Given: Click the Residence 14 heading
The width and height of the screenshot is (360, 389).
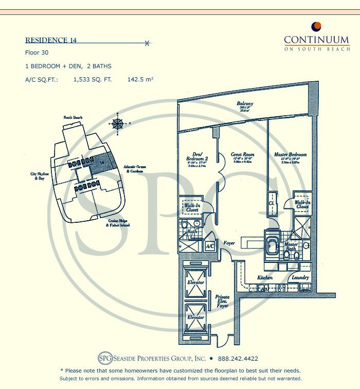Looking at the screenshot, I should [51, 41].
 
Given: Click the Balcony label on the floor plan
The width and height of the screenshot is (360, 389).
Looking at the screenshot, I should [245, 104].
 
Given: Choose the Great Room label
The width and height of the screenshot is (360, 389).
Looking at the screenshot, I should [242, 154].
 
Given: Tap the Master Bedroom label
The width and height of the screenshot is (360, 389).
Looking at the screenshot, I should [290, 154].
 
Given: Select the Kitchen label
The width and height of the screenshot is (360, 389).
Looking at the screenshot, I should [265, 278].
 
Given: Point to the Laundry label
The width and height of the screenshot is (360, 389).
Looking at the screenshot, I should [300, 278].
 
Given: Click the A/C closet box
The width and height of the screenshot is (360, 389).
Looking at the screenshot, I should [210, 246].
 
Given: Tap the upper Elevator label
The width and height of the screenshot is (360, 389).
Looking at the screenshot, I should [195, 282].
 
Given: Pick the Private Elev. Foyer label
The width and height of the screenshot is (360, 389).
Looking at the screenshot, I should [223, 301].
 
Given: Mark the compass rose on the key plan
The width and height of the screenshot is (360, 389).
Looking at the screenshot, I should [118, 123].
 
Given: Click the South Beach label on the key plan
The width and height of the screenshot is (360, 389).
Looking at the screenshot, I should [74, 118].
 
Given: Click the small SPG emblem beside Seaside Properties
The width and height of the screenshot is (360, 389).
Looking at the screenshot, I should [104, 358].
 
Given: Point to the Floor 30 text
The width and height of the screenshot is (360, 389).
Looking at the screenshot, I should [35, 53].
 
